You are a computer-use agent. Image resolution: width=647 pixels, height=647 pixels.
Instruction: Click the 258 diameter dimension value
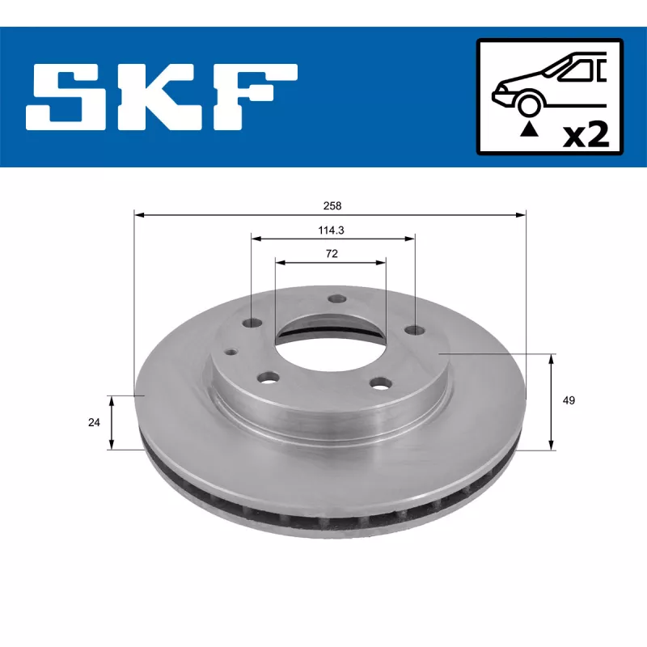click(330, 205)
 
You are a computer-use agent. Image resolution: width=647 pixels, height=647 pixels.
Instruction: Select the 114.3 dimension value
click(331, 230)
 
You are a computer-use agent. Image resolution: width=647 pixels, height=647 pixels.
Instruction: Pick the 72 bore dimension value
click(331, 253)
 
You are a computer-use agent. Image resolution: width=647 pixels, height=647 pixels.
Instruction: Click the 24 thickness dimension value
click(94, 422)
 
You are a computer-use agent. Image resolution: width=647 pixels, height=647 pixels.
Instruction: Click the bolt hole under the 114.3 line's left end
click(252, 323)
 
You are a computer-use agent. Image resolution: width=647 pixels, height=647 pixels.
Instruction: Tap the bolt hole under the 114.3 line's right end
click(415, 329)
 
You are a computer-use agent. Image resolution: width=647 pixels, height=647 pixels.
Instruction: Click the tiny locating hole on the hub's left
click(231, 352)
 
